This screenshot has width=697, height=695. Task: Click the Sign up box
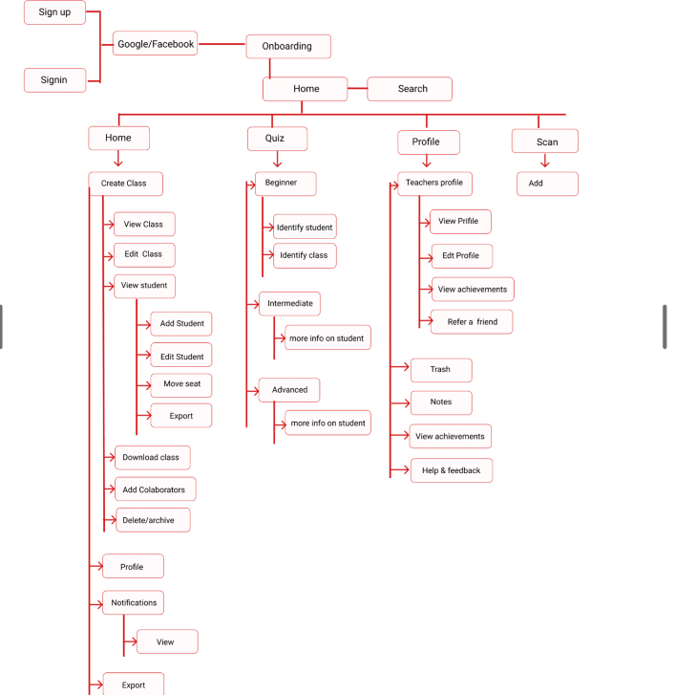[54, 12]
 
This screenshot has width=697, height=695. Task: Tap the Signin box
[54, 80]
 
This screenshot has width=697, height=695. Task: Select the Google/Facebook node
[156, 44]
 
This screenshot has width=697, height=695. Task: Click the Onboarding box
[288, 46]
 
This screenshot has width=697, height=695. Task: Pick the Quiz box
[277, 139]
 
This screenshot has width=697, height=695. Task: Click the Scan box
[544, 141]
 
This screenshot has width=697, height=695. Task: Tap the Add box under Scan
[547, 184]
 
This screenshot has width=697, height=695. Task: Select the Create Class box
[125, 184]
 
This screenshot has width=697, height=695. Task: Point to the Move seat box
[181, 384]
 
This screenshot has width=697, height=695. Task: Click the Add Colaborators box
[155, 489]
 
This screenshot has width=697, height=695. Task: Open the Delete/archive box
[152, 520]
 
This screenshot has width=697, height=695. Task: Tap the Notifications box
[133, 602]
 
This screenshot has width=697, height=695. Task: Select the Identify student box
[305, 228]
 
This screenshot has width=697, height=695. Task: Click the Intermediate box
[289, 304]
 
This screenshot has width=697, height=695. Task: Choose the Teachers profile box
[434, 184]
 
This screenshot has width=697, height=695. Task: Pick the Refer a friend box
[472, 322]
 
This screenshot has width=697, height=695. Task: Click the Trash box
[441, 370]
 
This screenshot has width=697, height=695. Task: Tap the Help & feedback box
[452, 470]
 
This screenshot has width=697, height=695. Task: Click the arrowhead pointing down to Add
[545, 163]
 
